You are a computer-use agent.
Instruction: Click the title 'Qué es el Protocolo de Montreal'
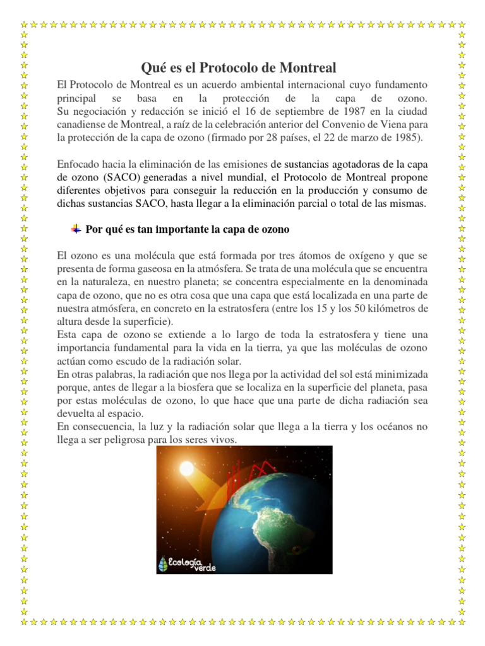pos(237,68)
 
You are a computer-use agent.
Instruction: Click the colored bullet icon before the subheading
pos(76,228)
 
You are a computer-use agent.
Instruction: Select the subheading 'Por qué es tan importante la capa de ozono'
pos(188,230)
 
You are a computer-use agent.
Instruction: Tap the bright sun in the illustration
pos(188,469)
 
